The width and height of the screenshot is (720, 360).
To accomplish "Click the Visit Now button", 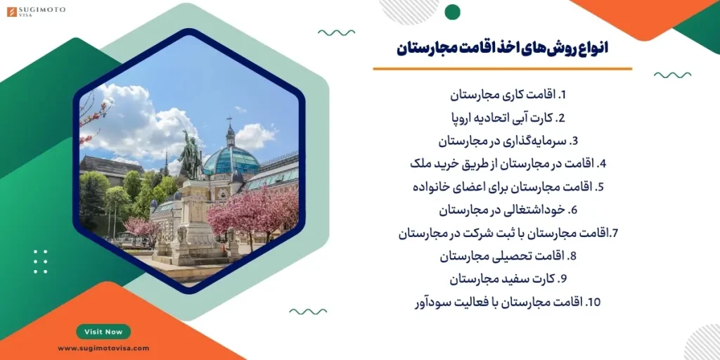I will coord(103,332).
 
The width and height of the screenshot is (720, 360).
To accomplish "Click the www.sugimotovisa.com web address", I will coord(103,348).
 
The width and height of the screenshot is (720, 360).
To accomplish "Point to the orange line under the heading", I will coord(502,69).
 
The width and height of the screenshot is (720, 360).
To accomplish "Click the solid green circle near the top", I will coord(453,12).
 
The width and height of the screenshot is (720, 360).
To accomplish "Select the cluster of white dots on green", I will coord(40,261).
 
